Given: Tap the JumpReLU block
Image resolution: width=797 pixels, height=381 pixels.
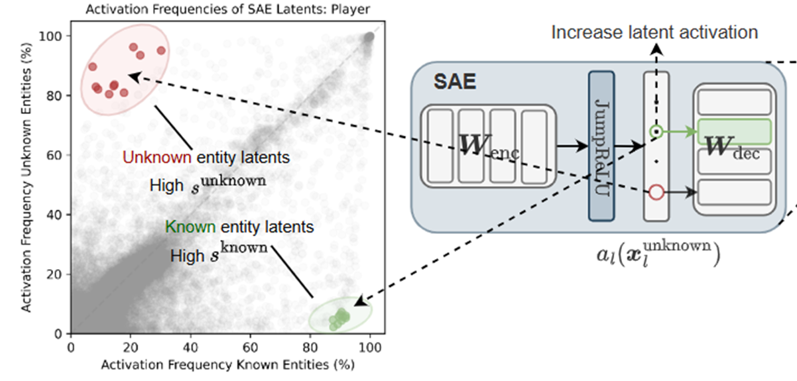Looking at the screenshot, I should coord(601,146).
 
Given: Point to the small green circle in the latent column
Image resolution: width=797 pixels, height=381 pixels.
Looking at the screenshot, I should coord(656,132).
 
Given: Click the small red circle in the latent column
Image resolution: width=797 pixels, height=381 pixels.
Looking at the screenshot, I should coord(656,192).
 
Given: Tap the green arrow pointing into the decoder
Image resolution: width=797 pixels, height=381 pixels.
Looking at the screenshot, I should coord(679,131).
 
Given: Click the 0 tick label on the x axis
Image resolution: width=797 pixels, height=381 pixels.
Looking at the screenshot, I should coord(71,347).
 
